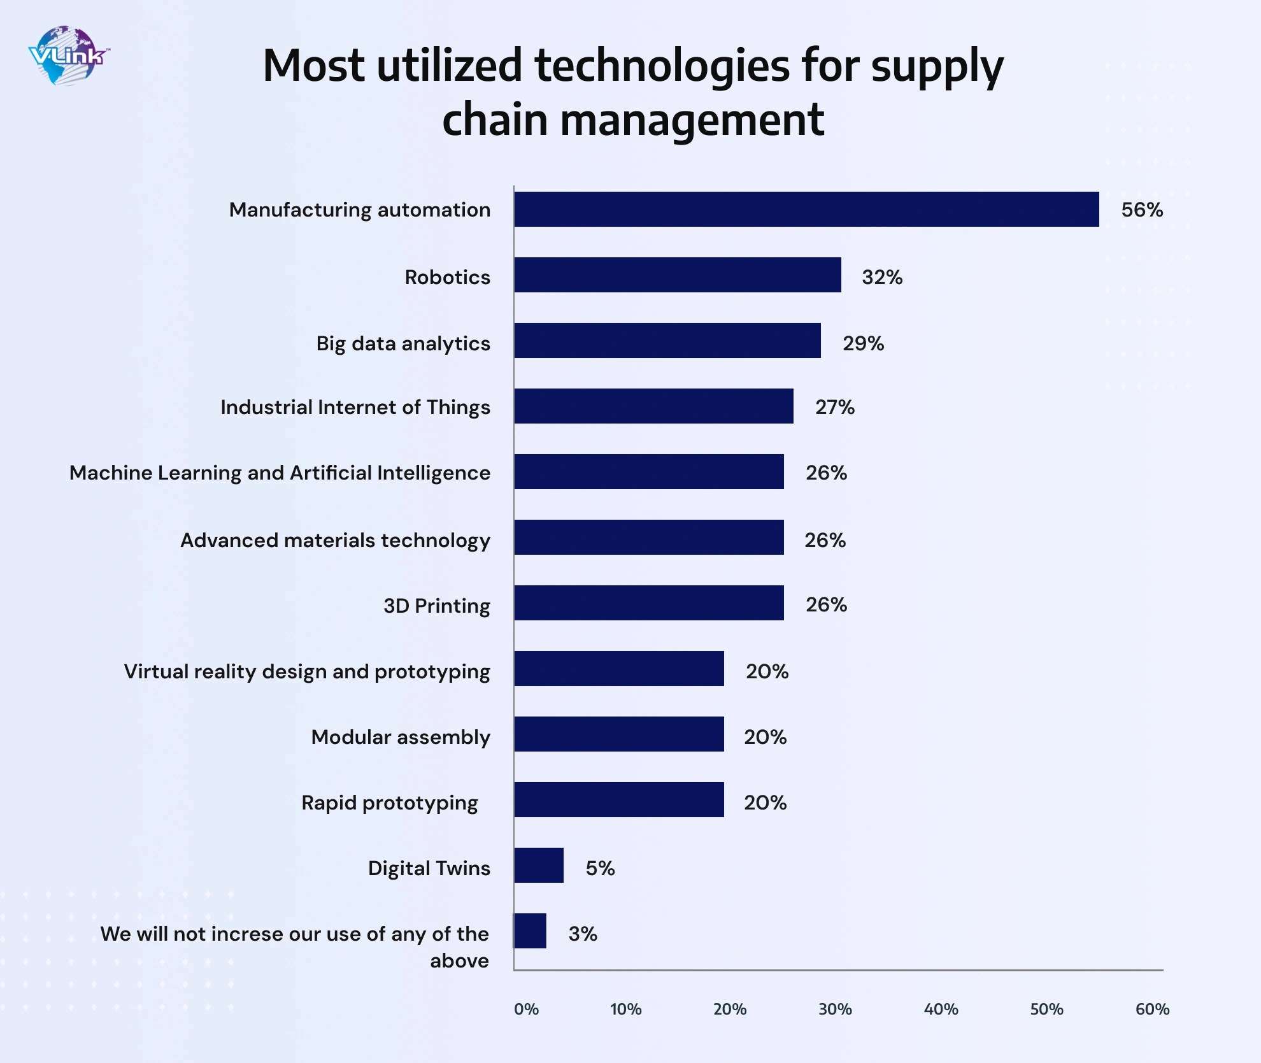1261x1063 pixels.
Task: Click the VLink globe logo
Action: [68, 56]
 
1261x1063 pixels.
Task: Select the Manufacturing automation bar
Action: [806, 210]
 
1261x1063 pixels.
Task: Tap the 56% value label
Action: [1142, 210]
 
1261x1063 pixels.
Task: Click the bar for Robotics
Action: [678, 275]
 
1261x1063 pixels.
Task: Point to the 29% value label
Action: [863, 344]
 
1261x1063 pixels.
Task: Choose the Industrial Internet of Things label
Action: [355, 408]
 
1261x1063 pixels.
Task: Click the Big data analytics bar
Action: [667, 341]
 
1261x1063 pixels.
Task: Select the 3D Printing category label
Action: [436, 606]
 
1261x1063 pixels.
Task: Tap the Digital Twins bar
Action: [539, 866]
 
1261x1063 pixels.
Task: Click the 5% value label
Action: [600, 869]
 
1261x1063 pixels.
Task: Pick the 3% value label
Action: [583, 934]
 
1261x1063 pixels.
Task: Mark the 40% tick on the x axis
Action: [941, 1009]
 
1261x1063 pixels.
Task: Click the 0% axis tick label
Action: [526, 1009]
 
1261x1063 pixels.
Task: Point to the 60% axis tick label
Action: [1152, 1009]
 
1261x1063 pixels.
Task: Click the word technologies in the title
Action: [662, 67]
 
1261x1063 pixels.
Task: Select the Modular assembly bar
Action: [619, 734]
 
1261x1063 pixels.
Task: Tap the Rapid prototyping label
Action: [389, 803]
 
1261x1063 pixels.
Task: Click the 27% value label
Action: [835, 408]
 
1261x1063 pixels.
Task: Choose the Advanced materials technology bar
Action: [649, 538]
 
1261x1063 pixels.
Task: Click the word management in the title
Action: [692, 120]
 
